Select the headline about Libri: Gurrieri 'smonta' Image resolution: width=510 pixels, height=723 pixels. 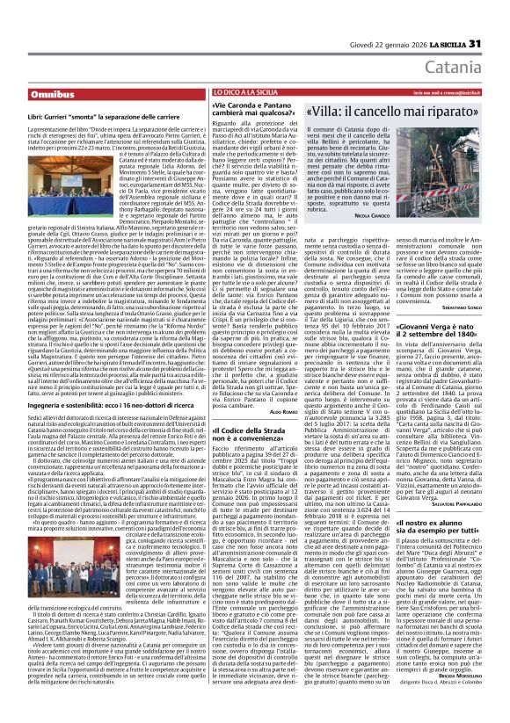118,116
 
